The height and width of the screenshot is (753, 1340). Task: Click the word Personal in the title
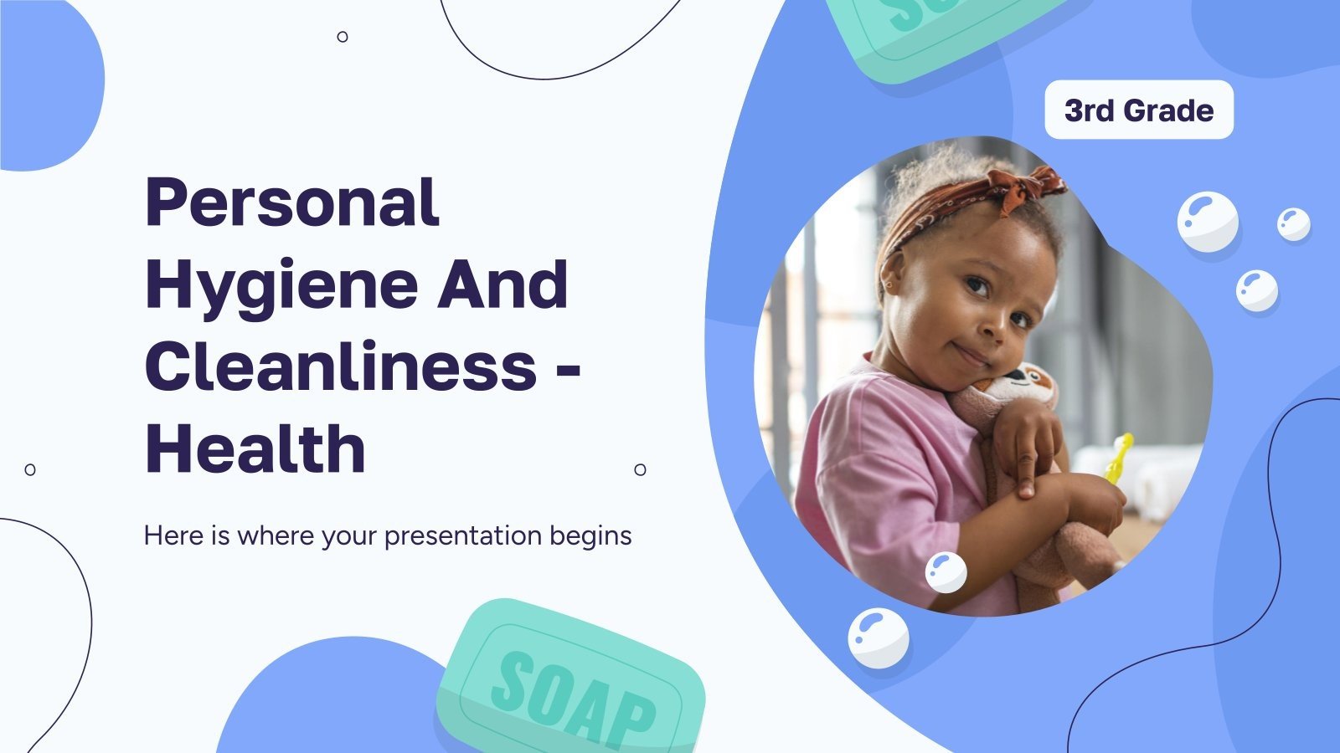291,203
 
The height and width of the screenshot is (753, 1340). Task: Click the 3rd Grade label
1139,110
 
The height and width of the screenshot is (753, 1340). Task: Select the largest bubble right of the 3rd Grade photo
1207,222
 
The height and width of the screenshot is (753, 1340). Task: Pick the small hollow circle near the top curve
343,37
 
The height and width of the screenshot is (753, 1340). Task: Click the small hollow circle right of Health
640,469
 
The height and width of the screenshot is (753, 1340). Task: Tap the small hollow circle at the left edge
30,469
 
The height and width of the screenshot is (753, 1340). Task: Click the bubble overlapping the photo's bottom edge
946,572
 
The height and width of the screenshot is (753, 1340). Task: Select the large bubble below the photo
878,638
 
